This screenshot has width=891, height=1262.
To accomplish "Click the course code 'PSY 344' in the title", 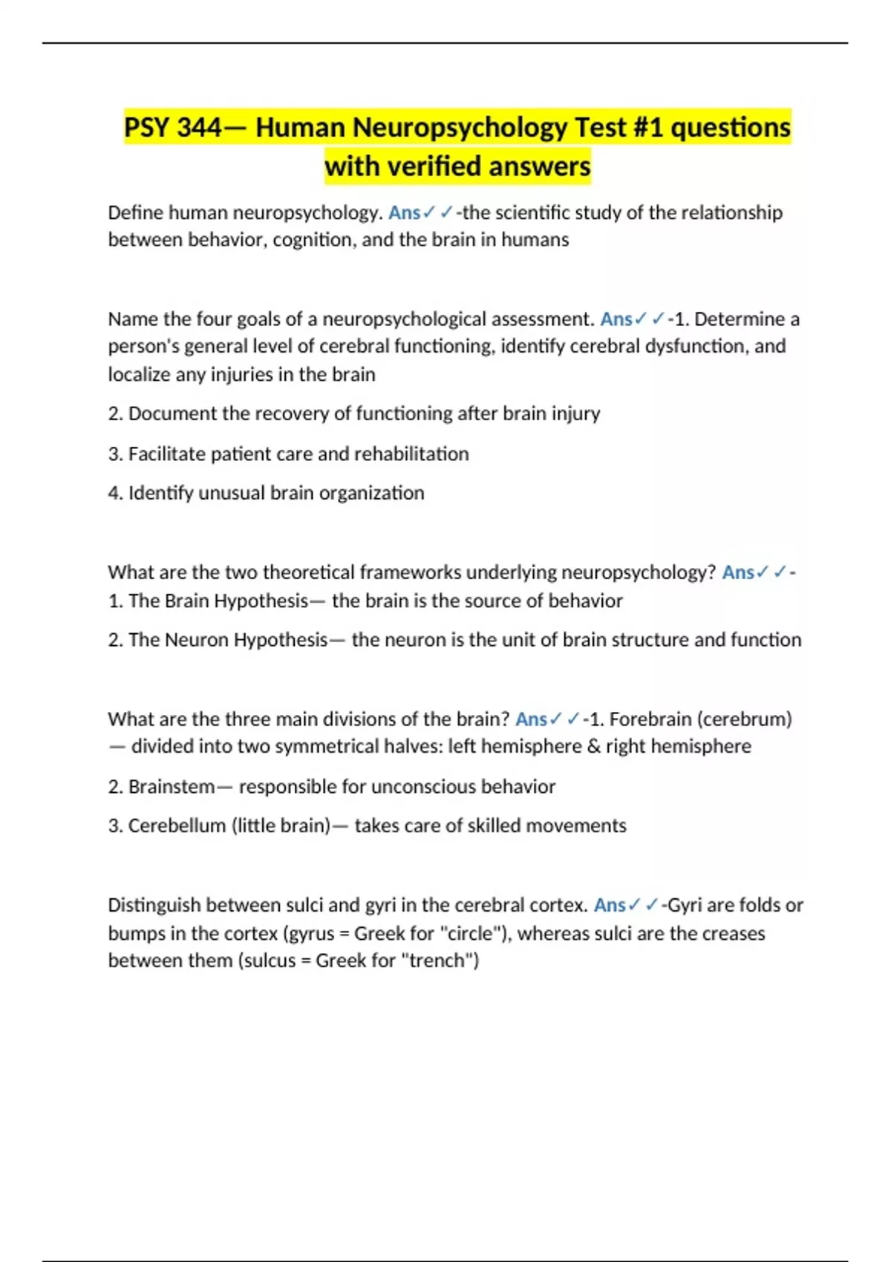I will tap(172, 128).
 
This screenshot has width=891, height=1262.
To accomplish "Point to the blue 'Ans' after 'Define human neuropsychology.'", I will tap(404, 213).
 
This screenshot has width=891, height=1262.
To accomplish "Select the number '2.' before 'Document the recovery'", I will tap(115, 413).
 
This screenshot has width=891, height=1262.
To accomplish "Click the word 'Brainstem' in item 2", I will tap(172, 787).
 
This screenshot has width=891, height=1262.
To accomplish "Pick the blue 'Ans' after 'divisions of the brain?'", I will tap(531, 719).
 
